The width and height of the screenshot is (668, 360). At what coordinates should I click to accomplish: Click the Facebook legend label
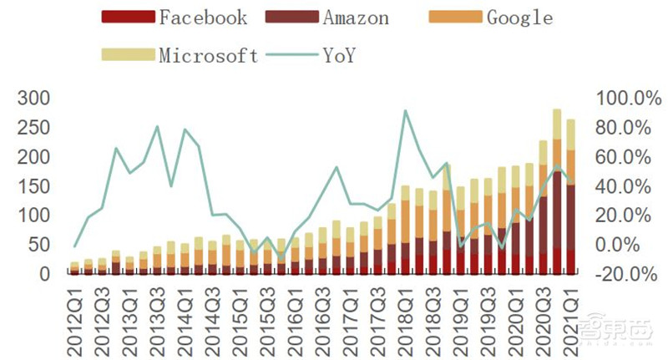(x=203, y=17)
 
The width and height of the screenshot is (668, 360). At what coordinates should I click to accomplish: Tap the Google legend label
(x=520, y=17)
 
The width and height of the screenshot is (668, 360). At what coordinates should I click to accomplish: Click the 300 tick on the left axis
(x=33, y=99)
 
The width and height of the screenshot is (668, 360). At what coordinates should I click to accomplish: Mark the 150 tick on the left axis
(x=33, y=185)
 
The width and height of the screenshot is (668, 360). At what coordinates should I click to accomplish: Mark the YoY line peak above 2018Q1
(x=405, y=110)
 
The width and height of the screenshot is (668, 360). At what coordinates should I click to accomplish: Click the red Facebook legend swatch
(x=128, y=17)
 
